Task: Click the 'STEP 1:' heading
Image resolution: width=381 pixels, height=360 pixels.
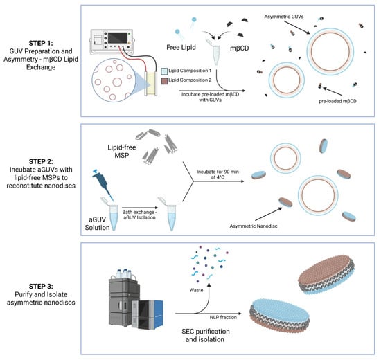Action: [41, 43]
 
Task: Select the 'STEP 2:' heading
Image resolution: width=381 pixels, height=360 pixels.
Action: [41, 161]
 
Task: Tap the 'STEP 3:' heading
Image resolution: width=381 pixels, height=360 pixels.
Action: [41, 286]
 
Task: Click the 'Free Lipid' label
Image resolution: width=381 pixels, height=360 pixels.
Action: [181, 47]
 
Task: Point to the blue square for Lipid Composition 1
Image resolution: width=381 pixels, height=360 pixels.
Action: [164, 71]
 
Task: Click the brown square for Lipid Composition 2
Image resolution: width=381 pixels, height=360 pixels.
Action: [164, 80]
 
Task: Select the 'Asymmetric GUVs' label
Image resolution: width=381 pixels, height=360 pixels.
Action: [284, 17]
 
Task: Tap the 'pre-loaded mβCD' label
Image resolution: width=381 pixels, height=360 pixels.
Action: [337, 101]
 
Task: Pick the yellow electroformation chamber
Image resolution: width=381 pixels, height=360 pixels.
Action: [150, 84]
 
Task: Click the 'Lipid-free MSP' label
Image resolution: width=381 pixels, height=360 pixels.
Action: [121, 152]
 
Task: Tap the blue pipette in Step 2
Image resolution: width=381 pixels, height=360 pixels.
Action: [103, 184]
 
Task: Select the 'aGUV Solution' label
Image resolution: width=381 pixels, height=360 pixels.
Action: [97, 224]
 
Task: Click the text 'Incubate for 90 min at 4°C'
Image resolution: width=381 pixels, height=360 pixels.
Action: [218, 174]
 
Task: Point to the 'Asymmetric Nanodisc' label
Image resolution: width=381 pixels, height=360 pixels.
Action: [254, 226]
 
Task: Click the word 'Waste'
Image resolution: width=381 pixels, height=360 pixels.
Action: [196, 290]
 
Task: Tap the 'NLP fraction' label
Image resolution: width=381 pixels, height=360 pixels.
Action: [223, 317]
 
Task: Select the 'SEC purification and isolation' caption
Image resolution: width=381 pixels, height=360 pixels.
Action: [205, 335]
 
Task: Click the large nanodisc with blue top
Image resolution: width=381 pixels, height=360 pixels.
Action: [280, 315]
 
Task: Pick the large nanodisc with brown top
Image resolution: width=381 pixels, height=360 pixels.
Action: [326, 274]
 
